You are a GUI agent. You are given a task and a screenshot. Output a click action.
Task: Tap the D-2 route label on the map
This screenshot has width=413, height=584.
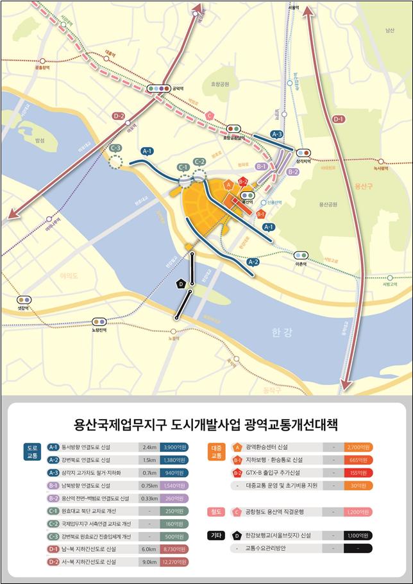coord(119,116)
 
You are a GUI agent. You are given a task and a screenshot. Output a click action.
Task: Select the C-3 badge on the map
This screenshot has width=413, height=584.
coord(116,148)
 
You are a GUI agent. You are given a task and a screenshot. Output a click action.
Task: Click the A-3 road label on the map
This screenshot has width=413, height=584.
coord(276,134)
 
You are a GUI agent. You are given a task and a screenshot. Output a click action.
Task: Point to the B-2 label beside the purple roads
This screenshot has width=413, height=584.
coord(293,172)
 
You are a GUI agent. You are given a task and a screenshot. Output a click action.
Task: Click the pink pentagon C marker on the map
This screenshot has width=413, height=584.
coord(210,116)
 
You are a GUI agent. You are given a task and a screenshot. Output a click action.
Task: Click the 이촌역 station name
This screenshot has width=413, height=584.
coord(301,263)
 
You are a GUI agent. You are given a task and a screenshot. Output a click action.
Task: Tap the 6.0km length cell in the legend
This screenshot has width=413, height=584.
coord(149,549)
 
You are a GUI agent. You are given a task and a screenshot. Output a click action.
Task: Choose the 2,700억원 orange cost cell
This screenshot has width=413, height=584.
coord(358,447)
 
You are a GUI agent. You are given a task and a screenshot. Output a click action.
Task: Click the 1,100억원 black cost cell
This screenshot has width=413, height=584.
coord(358,535)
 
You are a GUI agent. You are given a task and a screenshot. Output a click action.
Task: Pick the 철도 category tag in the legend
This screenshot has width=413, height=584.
coord(216,511)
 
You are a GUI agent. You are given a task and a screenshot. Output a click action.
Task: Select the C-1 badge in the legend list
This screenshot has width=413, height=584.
coord(54,511)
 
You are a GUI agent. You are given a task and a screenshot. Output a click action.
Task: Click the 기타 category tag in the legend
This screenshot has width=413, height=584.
coord(216,535)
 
